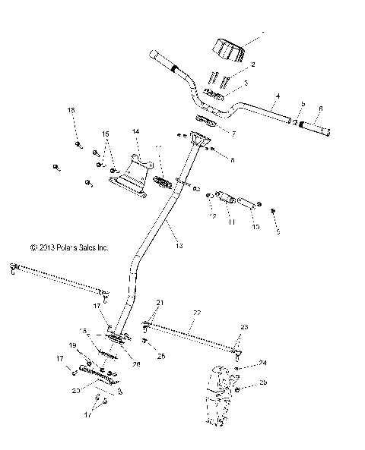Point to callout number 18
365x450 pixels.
click(71, 112)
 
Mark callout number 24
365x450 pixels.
click(263, 363)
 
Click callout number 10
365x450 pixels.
click(255, 226)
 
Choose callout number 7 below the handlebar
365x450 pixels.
click(233, 134)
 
